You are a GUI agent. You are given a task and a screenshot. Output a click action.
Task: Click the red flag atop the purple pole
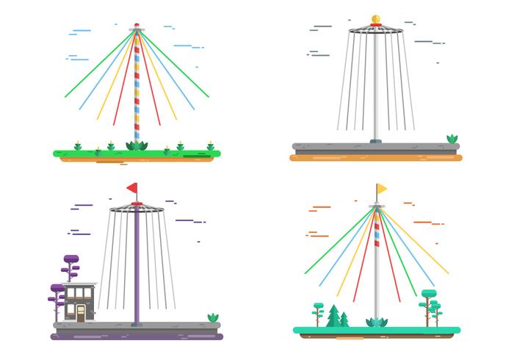(x=132, y=188)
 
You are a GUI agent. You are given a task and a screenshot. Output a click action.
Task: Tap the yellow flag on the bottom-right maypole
(x=382, y=189)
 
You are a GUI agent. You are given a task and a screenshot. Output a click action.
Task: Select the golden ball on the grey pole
(x=376, y=20)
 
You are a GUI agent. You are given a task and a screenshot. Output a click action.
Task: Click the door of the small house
(x=81, y=312)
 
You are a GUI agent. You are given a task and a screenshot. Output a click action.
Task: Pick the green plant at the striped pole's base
(x=137, y=145)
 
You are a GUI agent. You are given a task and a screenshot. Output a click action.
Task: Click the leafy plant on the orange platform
(x=452, y=138)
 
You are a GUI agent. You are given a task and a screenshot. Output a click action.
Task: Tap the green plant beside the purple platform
(x=213, y=317)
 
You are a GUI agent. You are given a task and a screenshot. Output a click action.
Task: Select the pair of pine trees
(x=338, y=317)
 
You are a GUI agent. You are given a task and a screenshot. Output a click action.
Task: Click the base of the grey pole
(x=376, y=139)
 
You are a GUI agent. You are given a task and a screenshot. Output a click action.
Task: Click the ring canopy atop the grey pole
(x=376, y=30)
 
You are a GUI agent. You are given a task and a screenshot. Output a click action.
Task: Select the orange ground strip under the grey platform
(x=376, y=156)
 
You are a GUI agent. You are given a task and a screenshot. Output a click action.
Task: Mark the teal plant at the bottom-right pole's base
(x=377, y=323)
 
